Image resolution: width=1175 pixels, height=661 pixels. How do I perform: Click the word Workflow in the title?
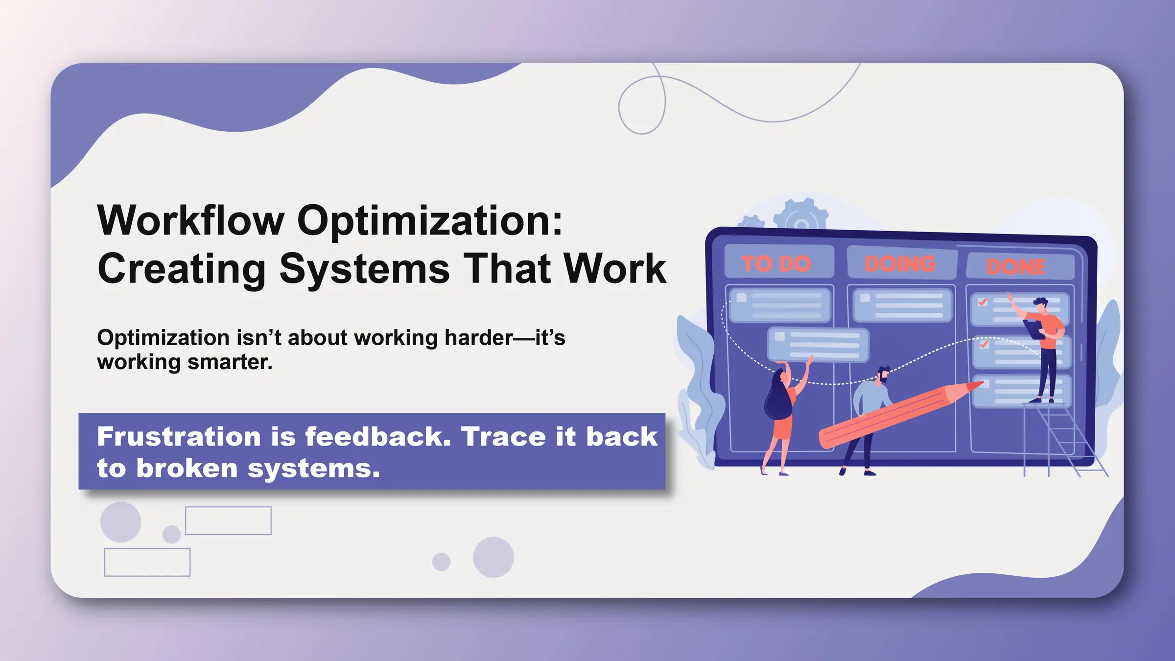coord(190,221)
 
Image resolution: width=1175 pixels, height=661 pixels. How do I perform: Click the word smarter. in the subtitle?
coord(230,362)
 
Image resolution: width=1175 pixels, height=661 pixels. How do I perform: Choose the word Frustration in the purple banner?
coord(179,436)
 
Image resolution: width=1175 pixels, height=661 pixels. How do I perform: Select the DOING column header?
coord(900,264)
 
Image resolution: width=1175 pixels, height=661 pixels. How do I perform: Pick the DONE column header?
coord(1016,267)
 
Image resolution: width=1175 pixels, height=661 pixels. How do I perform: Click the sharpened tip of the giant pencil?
coord(979,384)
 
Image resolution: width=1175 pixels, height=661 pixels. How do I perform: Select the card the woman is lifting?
coord(818,345)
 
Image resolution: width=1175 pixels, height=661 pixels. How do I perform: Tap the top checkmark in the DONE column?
coord(982,302)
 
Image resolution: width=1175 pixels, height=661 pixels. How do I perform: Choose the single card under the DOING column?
coord(902,305)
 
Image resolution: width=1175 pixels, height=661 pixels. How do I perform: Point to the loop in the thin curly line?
coord(642,105)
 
